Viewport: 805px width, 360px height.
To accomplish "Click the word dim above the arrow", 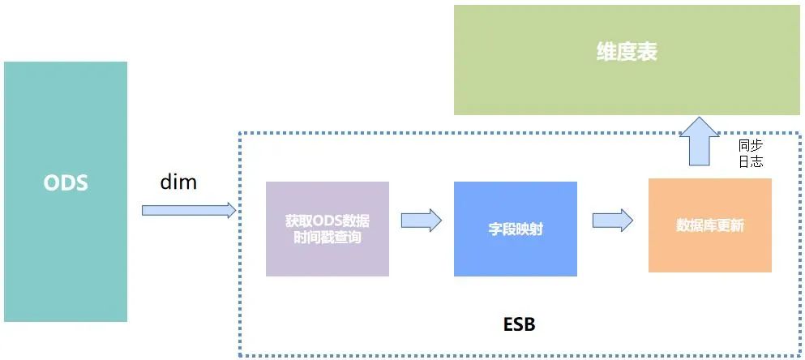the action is pos(178,182).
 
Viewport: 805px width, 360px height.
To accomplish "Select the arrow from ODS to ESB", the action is pos(186,210).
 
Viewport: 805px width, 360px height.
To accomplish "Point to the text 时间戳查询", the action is pos(328,237).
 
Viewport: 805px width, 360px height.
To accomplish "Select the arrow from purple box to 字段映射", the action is pos(422,220).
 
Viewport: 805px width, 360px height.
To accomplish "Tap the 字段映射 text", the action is pos(516,229).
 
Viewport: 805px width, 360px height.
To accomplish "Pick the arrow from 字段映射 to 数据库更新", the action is pos(612,220).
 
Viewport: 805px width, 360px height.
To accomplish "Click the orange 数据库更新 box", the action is pos(710,251).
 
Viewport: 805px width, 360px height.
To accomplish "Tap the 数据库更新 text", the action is pos(710,225).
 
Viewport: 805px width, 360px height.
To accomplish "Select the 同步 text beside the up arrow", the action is pos(751,145).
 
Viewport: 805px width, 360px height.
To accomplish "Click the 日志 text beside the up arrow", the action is pos(751,161).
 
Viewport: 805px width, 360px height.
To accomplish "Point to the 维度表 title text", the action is pos(627,52).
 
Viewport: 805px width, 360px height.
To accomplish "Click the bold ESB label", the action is pos(519,324).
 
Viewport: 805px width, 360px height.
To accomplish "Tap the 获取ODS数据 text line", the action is pos(328,221).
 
